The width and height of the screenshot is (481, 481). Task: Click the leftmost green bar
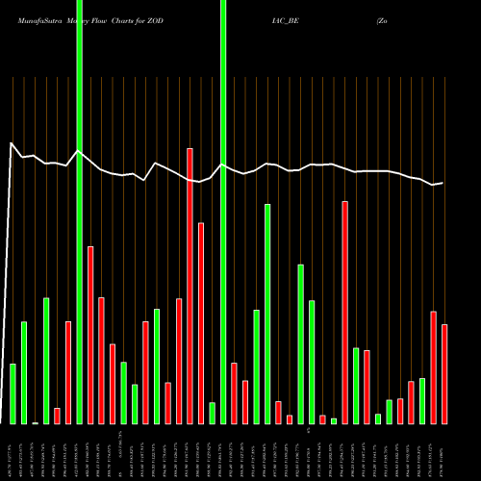(13, 393)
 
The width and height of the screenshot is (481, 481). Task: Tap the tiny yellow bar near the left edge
(35, 422)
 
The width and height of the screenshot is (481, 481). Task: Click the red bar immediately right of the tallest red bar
(201, 323)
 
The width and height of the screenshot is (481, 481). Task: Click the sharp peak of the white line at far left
(12, 143)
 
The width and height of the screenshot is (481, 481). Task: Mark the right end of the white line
(443, 183)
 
